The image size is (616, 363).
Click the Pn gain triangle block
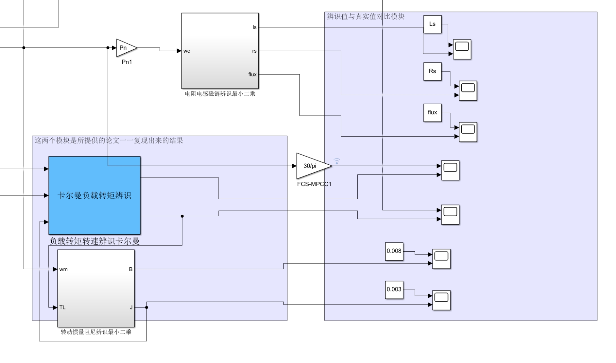pos(125,48)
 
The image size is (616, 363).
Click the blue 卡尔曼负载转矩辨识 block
pos(94,195)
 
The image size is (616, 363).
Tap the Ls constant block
pos(432,24)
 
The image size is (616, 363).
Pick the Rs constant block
pos(432,71)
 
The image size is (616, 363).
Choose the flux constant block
pos(432,112)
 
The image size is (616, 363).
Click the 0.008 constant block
pos(394,251)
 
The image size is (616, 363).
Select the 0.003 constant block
pos(394,289)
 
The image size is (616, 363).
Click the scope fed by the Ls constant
pos(462,49)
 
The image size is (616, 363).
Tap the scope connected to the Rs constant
pos(468,91)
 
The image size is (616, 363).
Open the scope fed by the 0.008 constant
pos(441,259)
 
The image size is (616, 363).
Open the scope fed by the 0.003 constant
pos(441,300)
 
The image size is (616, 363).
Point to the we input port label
pos(187,51)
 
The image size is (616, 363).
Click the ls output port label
pos(254,27)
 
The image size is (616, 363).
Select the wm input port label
pos(63,269)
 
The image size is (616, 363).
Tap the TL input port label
pos(62,307)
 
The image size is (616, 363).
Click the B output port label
pos(131,269)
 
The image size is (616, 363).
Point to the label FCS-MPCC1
pos(314,184)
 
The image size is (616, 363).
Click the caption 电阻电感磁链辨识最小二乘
pos(220,94)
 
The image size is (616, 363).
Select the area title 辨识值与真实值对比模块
pos(365,16)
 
